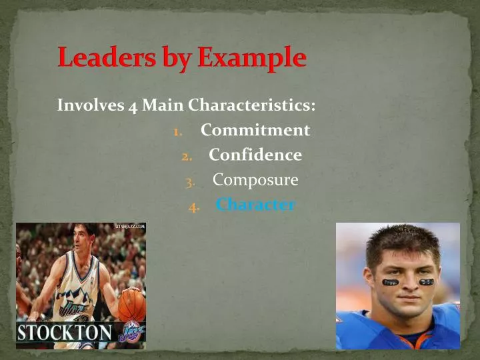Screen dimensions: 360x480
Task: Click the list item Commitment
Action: [255, 130]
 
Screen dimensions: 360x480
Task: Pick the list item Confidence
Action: [255, 155]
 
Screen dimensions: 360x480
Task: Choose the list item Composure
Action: [255, 180]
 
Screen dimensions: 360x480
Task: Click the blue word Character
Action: [255, 205]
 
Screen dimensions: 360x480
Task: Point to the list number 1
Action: [177, 131]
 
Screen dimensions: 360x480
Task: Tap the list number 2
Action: [187, 156]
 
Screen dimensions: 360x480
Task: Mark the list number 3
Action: [191, 181]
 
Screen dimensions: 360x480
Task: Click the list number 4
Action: [193, 206]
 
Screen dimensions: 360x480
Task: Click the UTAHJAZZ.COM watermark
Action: [130, 227]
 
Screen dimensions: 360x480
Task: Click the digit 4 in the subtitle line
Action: [133, 106]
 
